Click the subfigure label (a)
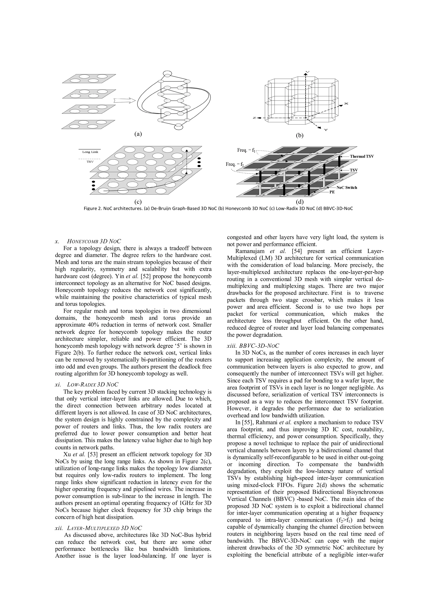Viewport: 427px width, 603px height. [138, 134]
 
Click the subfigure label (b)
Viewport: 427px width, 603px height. [299, 136]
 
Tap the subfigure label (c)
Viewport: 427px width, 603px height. [138, 202]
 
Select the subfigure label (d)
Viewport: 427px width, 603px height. [299, 202]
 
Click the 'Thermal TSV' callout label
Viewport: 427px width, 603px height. [362, 156]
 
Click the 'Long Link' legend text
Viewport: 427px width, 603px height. [90, 152]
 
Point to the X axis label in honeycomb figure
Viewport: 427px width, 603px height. [346, 104]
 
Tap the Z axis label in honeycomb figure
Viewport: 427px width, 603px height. [254, 118]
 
